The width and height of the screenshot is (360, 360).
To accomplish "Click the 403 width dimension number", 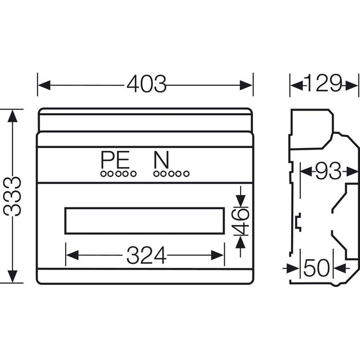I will point(146,84).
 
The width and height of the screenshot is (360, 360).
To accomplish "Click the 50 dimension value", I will point(316,268).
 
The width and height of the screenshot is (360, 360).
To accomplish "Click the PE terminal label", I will point(115,160).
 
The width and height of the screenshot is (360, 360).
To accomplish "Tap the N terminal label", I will point(161,160).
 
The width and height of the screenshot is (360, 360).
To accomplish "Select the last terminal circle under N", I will point(186,174).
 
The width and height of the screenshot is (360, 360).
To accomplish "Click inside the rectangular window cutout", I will point(145,221).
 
